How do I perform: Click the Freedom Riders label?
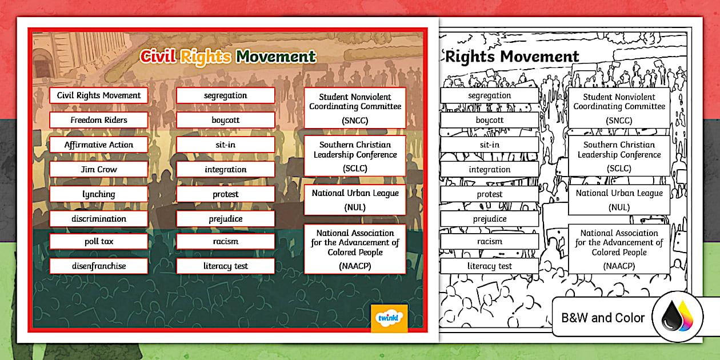click(99, 120)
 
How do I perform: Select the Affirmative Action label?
click(99, 145)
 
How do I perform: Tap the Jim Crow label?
click(99, 170)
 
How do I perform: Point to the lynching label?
click(99, 194)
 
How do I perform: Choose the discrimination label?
click(99, 219)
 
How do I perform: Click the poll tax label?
click(99, 241)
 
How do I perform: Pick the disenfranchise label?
click(99, 266)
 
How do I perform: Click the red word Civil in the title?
click(158, 57)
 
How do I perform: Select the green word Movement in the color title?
click(276, 57)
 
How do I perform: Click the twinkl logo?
click(389, 318)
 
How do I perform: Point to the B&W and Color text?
click(603, 318)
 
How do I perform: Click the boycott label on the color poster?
click(226, 120)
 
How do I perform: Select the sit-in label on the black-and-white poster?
click(490, 145)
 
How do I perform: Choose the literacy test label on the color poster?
click(226, 266)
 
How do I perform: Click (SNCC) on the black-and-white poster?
click(619, 121)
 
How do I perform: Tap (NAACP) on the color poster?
click(355, 266)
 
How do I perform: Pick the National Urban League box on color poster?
click(355, 199)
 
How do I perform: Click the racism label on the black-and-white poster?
click(490, 241)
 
